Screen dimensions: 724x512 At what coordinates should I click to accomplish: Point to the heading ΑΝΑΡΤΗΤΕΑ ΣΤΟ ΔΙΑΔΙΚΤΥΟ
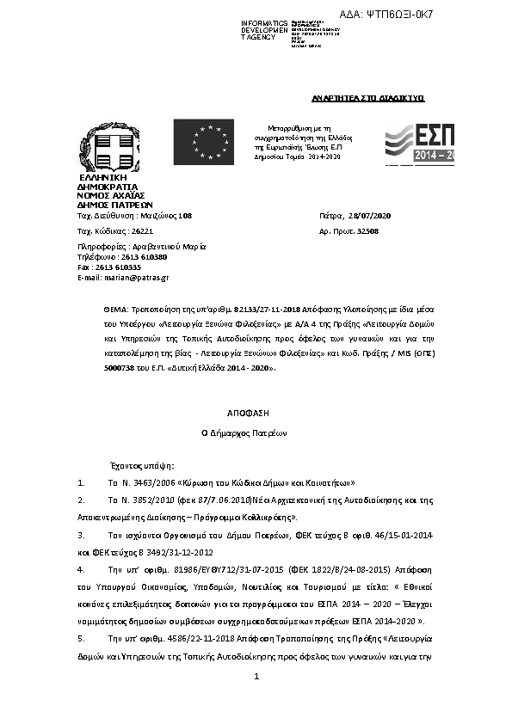368,100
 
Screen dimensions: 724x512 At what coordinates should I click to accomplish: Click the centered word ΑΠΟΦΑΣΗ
256,413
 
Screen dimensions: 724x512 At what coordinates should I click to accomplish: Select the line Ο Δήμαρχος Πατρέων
256,433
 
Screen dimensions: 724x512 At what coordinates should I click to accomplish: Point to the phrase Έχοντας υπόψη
126,463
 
